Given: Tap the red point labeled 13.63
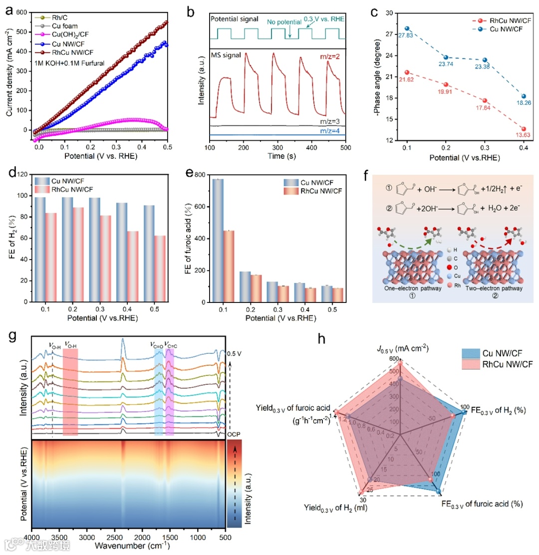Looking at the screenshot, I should pyautogui.click(x=523, y=129).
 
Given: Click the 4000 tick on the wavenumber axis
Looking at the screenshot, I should pyautogui.click(x=32, y=538).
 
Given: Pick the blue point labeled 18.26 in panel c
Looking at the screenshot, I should pyautogui.click(x=523, y=96).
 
